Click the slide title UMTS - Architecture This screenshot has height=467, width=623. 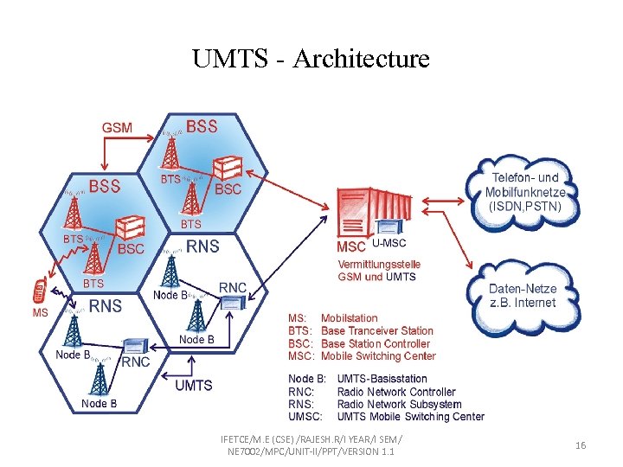point(311,59)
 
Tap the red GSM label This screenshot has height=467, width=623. point(118,127)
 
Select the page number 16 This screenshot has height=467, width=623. point(581,445)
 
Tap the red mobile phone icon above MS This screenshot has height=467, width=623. point(38,291)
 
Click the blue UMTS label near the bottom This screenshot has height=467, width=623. point(194,385)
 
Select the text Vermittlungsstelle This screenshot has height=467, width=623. point(379,264)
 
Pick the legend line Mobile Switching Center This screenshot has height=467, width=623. point(378,355)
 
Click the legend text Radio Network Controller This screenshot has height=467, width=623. point(395,391)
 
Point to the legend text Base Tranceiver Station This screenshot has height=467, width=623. point(376,330)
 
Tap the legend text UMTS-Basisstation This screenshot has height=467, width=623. point(382,378)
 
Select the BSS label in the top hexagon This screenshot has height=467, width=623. point(202,126)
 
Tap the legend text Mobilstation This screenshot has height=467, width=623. point(349,318)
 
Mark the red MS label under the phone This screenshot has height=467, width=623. point(40,312)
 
